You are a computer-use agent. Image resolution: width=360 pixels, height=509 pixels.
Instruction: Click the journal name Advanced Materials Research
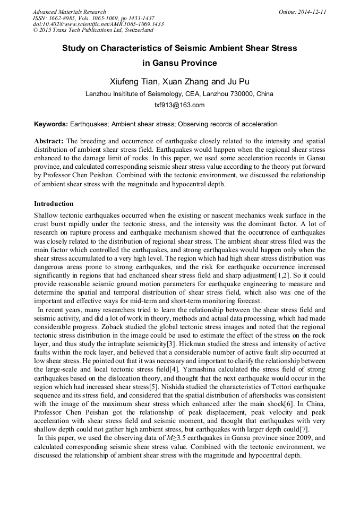point(69,12)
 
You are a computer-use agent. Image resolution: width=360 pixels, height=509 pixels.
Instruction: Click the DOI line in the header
point(98,24)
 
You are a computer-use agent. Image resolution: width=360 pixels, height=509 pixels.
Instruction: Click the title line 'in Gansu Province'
point(179,63)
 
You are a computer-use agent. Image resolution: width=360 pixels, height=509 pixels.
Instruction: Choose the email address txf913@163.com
point(179,105)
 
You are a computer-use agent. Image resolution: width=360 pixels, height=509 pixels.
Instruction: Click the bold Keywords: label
point(51,124)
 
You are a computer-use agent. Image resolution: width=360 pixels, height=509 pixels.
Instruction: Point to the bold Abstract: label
point(49,141)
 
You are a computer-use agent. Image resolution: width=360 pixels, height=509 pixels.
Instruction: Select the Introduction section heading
point(54,204)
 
